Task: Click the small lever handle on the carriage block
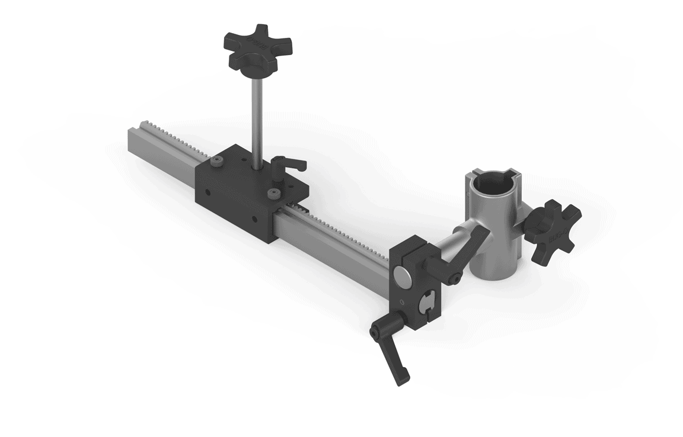pyautogui.click(x=287, y=165)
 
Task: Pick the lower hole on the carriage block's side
pyautogui.click(x=256, y=219)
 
